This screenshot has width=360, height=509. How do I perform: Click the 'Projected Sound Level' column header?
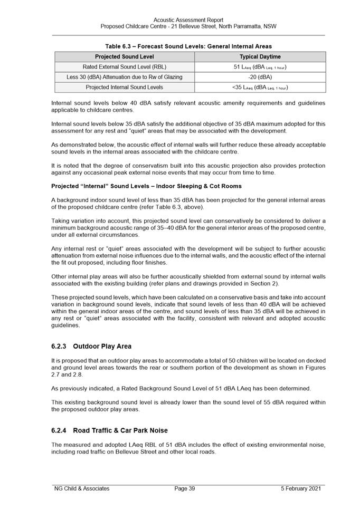[x=125, y=56]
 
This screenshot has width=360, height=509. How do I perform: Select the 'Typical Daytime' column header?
[x=260, y=56]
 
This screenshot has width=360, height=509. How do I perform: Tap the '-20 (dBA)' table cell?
[x=260, y=77]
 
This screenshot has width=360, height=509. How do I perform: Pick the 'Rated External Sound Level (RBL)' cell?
[x=125, y=67]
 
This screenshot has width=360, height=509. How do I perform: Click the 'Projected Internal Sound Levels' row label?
[x=125, y=87]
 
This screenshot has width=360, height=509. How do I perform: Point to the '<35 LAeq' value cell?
[x=260, y=87]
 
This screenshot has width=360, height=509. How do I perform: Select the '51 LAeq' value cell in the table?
[x=260, y=67]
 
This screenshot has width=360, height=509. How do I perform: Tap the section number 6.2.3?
[x=59, y=347]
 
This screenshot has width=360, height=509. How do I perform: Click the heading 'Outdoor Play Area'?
[x=102, y=347]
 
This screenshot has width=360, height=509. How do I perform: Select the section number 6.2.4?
[x=59, y=430]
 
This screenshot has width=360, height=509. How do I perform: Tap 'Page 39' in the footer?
[x=185, y=488]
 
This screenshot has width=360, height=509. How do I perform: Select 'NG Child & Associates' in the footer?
[x=82, y=488]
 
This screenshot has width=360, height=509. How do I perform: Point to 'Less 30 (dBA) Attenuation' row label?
[x=125, y=77]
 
